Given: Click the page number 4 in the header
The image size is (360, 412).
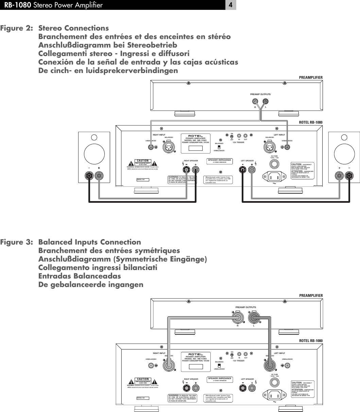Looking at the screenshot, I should (x=230, y=5).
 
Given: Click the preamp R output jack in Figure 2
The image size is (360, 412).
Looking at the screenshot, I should (x=255, y=101).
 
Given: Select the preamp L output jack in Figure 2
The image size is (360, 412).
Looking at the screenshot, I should (x=265, y=101).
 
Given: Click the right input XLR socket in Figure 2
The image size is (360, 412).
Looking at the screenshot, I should (x=169, y=147).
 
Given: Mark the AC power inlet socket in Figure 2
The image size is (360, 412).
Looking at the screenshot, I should (x=274, y=176).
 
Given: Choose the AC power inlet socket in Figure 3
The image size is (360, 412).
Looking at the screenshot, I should (x=274, y=395).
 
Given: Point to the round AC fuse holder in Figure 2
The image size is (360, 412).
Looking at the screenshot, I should (x=274, y=164).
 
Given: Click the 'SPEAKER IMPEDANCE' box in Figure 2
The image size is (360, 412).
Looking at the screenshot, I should (x=220, y=161).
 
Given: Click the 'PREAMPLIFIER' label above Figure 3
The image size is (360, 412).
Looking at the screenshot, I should (x=310, y=295).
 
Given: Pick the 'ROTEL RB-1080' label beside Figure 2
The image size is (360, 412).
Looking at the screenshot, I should (x=310, y=122).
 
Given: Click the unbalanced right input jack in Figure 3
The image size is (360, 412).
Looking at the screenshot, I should (x=151, y=366).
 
